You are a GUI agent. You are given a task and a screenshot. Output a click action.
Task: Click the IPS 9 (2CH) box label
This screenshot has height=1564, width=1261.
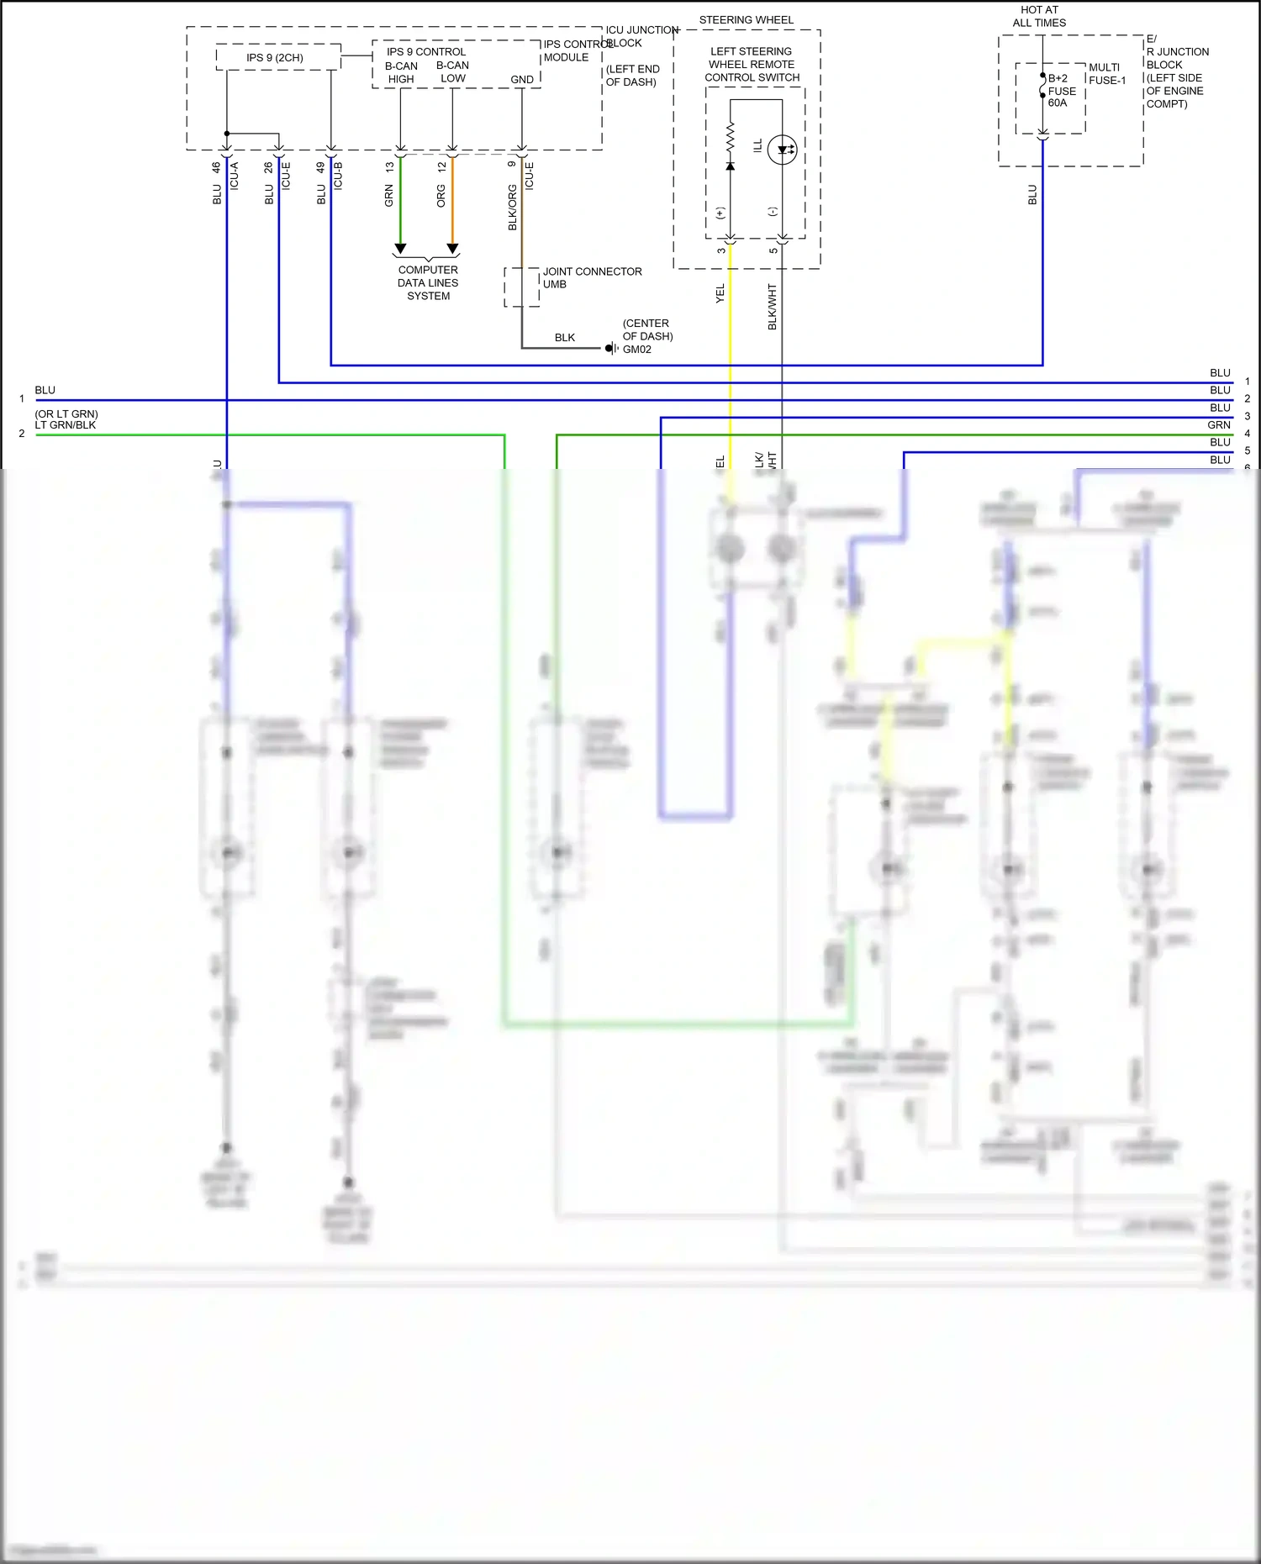click(274, 57)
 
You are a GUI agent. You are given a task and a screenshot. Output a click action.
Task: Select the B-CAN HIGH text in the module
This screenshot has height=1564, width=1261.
click(401, 72)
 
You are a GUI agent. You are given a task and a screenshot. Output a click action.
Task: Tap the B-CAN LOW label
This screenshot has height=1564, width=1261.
click(452, 72)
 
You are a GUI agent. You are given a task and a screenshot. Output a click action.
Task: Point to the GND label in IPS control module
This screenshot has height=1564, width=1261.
click(522, 80)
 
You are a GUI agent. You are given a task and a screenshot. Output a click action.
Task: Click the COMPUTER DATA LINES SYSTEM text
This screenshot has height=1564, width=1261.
click(428, 283)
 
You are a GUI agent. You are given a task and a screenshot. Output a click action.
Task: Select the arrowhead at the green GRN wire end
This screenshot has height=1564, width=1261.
click(400, 249)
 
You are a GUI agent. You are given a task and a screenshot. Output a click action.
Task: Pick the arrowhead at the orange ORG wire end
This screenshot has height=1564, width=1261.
click(452, 249)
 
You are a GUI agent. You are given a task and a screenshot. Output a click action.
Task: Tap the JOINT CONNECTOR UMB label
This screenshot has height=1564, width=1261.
click(591, 277)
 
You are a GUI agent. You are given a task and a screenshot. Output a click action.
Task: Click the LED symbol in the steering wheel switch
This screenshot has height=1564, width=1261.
click(782, 150)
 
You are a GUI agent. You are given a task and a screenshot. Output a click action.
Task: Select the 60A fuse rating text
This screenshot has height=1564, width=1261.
click(1057, 103)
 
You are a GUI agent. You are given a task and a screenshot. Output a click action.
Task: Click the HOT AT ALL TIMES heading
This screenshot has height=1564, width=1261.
click(1039, 16)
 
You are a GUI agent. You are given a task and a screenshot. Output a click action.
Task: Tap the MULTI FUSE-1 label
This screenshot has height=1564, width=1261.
click(1106, 74)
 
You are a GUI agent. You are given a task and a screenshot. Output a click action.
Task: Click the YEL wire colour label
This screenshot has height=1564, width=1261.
click(720, 293)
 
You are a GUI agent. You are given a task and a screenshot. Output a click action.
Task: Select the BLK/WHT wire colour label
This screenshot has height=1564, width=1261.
click(772, 306)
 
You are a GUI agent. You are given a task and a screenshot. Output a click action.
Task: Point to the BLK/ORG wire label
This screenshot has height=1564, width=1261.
click(512, 208)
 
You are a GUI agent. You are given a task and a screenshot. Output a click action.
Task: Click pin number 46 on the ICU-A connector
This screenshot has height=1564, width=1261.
click(216, 167)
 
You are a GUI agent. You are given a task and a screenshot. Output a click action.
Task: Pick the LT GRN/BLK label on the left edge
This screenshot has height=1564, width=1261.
click(66, 425)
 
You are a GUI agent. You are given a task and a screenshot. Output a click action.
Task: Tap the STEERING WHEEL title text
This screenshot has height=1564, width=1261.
click(746, 19)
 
